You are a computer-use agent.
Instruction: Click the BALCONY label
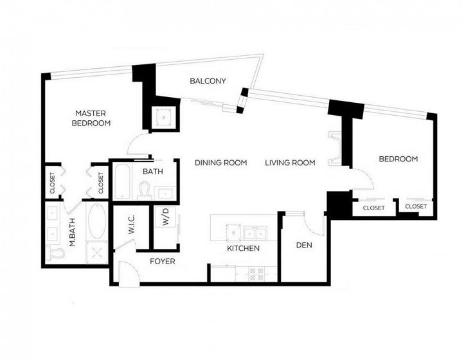pyautogui.click(x=208, y=81)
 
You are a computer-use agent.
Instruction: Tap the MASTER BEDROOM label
pyautogui.click(x=91, y=118)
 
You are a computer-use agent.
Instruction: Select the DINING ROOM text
pyautogui.click(x=221, y=163)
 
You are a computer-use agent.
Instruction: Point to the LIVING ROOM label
pyautogui.click(x=290, y=163)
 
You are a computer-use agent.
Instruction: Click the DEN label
pyautogui.click(x=304, y=245)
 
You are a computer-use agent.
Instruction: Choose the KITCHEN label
pyautogui.click(x=243, y=248)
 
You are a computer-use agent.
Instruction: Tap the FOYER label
pyautogui.click(x=162, y=261)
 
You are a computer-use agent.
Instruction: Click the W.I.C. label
pyautogui.click(x=132, y=225)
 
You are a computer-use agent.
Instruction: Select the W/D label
pyautogui.click(x=166, y=217)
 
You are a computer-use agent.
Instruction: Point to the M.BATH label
pyautogui.click(x=72, y=233)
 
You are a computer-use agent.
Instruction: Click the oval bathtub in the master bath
pyautogui.click(x=97, y=221)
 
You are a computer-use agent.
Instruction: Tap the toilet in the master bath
pyautogui.click(x=55, y=253)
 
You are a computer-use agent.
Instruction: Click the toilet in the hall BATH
pyautogui.click(x=145, y=190)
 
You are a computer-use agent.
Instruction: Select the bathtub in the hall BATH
pyautogui.click(x=122, y=182)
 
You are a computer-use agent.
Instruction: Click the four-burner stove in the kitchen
pyautogui.click(x=256, y=274)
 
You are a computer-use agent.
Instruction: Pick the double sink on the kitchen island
pyautogui.click(x=255, y=233)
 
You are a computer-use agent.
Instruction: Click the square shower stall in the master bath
pyautogui.click(x=97, y=253)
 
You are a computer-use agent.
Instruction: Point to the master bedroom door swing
pyautogui.click(x=138, y=143)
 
